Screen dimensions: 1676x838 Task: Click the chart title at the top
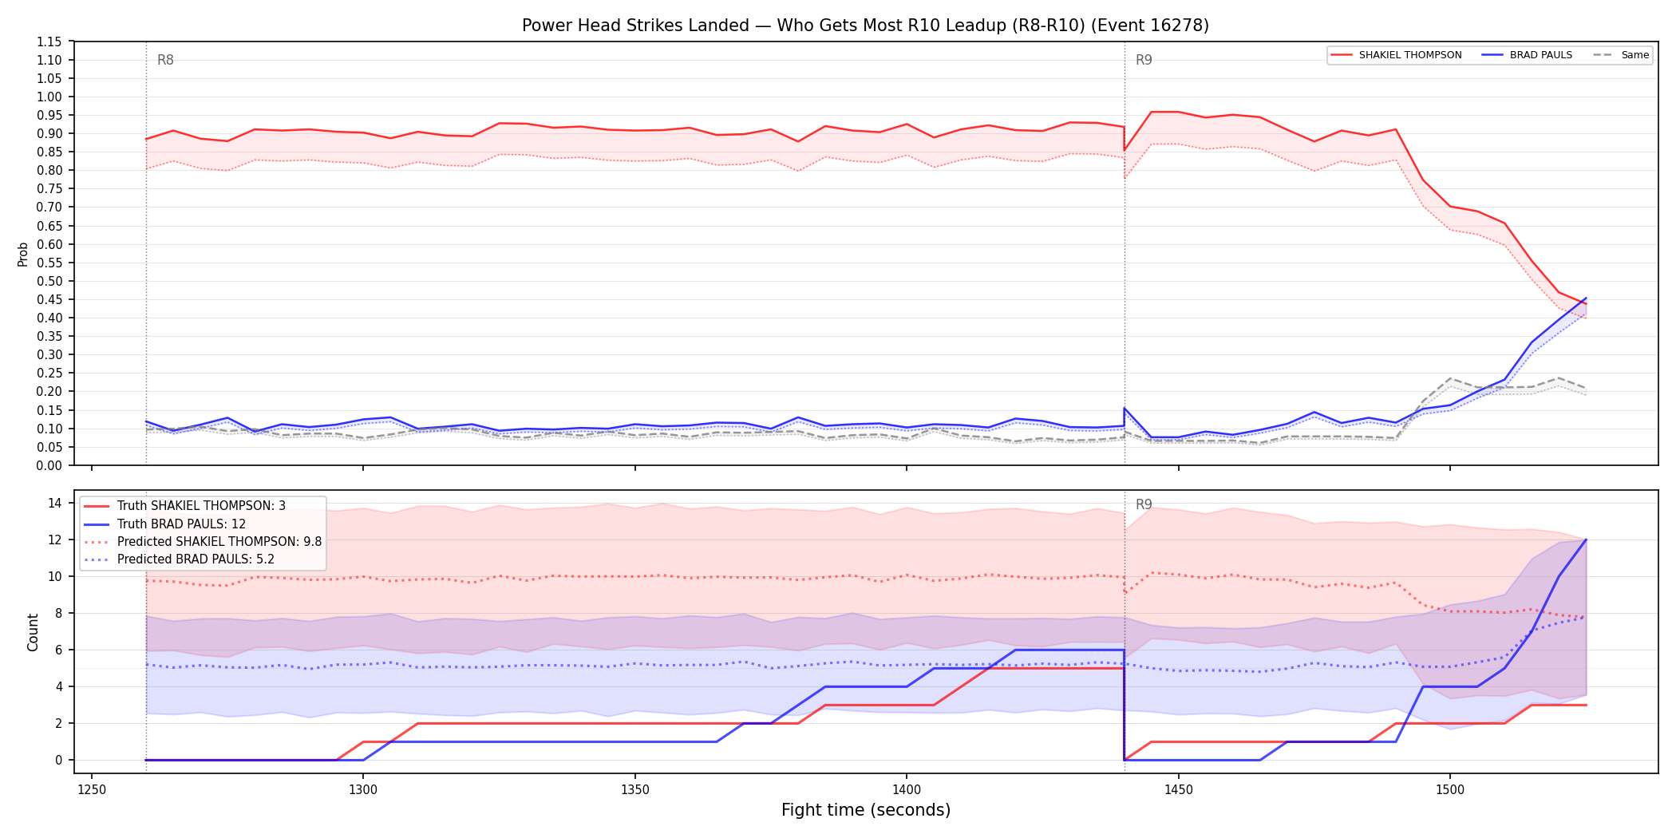(x=865, y=26)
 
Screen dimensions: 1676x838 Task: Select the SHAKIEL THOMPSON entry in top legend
(x=1396, y=55)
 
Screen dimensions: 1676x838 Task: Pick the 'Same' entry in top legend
(x=1621, y=55)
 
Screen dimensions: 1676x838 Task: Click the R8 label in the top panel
(x=165, y=60)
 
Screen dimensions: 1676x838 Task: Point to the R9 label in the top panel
(x=1144, y=60)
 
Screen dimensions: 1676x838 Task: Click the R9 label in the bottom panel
(x=1144, y=504)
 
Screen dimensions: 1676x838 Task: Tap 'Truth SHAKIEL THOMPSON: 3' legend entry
(x=184, y=506)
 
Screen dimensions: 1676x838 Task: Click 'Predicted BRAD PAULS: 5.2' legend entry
(x=179, y=559)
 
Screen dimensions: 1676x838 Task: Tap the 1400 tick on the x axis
(x=907, y=789)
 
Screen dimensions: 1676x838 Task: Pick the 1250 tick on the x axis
(x=92, y=789)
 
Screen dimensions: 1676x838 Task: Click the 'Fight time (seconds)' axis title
(x=866, y=810)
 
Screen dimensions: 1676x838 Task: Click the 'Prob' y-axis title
(x=23, y=254)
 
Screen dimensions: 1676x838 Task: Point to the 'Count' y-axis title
(x=33, y=632)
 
